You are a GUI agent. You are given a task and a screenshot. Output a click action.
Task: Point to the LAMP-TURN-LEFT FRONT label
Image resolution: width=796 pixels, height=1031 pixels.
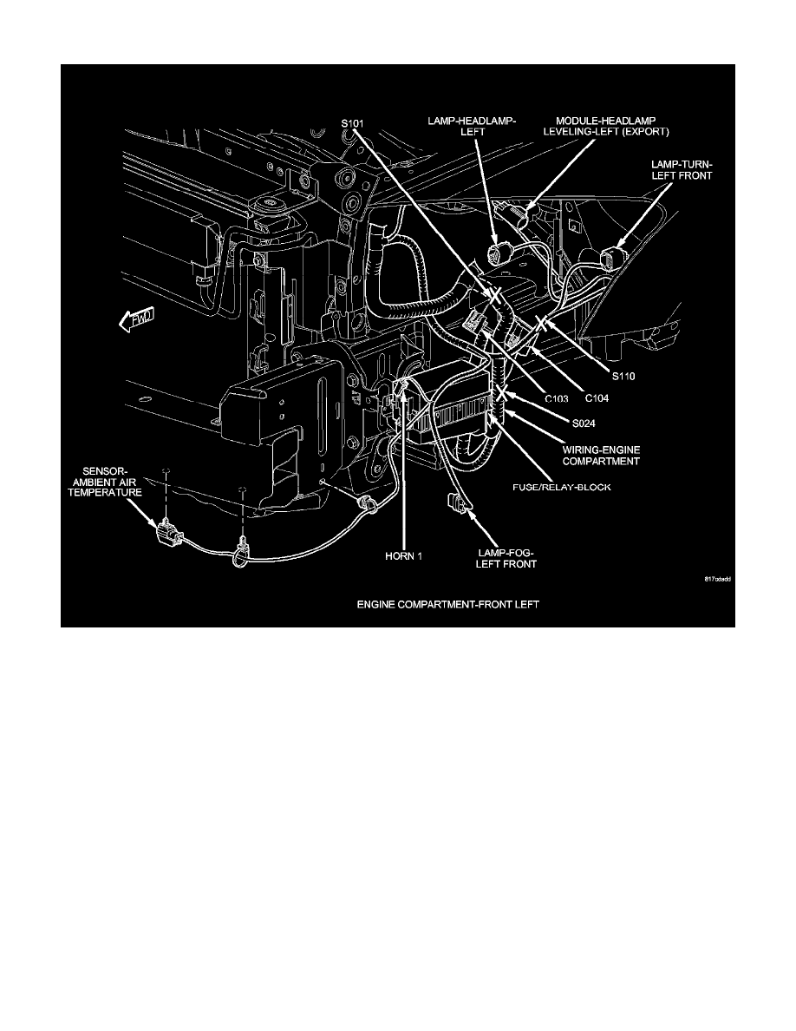tap(687, 168)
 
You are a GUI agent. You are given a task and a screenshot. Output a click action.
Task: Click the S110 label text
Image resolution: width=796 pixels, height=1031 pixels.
tap(623, 376)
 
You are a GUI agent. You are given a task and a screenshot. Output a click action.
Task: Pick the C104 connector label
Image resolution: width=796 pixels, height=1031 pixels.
tap(596, 397)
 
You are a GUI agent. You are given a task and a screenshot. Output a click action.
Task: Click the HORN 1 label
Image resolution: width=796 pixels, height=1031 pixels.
tap(404, 556)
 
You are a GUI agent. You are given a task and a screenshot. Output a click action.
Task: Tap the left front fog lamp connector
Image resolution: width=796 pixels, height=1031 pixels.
tap(453, 501)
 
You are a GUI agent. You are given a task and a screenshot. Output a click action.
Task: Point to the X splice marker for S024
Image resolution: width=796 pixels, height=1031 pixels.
tap(501, 402)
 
